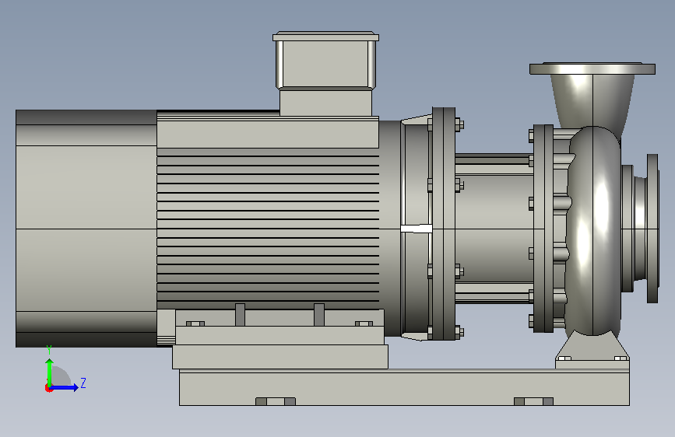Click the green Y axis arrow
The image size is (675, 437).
pos(50,372)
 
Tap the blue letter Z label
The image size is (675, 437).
pos(83,383)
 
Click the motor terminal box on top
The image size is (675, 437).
pos(326,73)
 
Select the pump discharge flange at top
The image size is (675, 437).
pos(592,69)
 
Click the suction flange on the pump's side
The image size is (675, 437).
pos(652,229)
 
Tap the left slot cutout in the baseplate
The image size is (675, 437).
pos(276,401)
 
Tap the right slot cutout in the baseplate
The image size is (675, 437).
pos(533,401)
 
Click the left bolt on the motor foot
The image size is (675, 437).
pos(195,323)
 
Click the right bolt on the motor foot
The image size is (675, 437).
pos(364,323)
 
